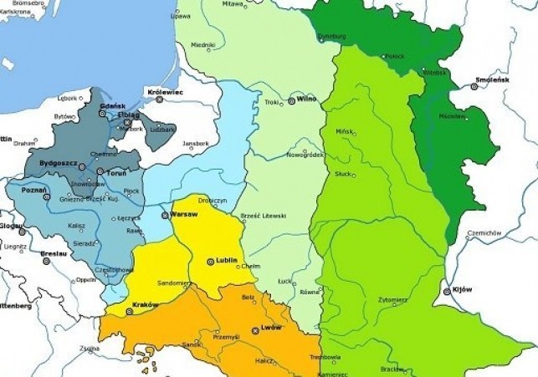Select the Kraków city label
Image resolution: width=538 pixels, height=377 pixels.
point(145,305)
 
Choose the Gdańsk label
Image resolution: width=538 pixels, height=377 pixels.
point(112,106)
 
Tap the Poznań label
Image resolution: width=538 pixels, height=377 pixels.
point(33,191)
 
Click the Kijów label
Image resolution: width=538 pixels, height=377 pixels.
point(462,290)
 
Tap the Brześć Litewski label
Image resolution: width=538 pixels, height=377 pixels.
point(263,215)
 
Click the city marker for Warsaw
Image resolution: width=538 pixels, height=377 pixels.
point(166,215)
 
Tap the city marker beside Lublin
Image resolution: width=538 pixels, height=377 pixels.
point(211,261)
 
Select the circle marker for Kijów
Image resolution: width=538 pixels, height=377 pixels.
point(446,291)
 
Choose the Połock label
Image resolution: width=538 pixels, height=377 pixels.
point(395,56)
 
